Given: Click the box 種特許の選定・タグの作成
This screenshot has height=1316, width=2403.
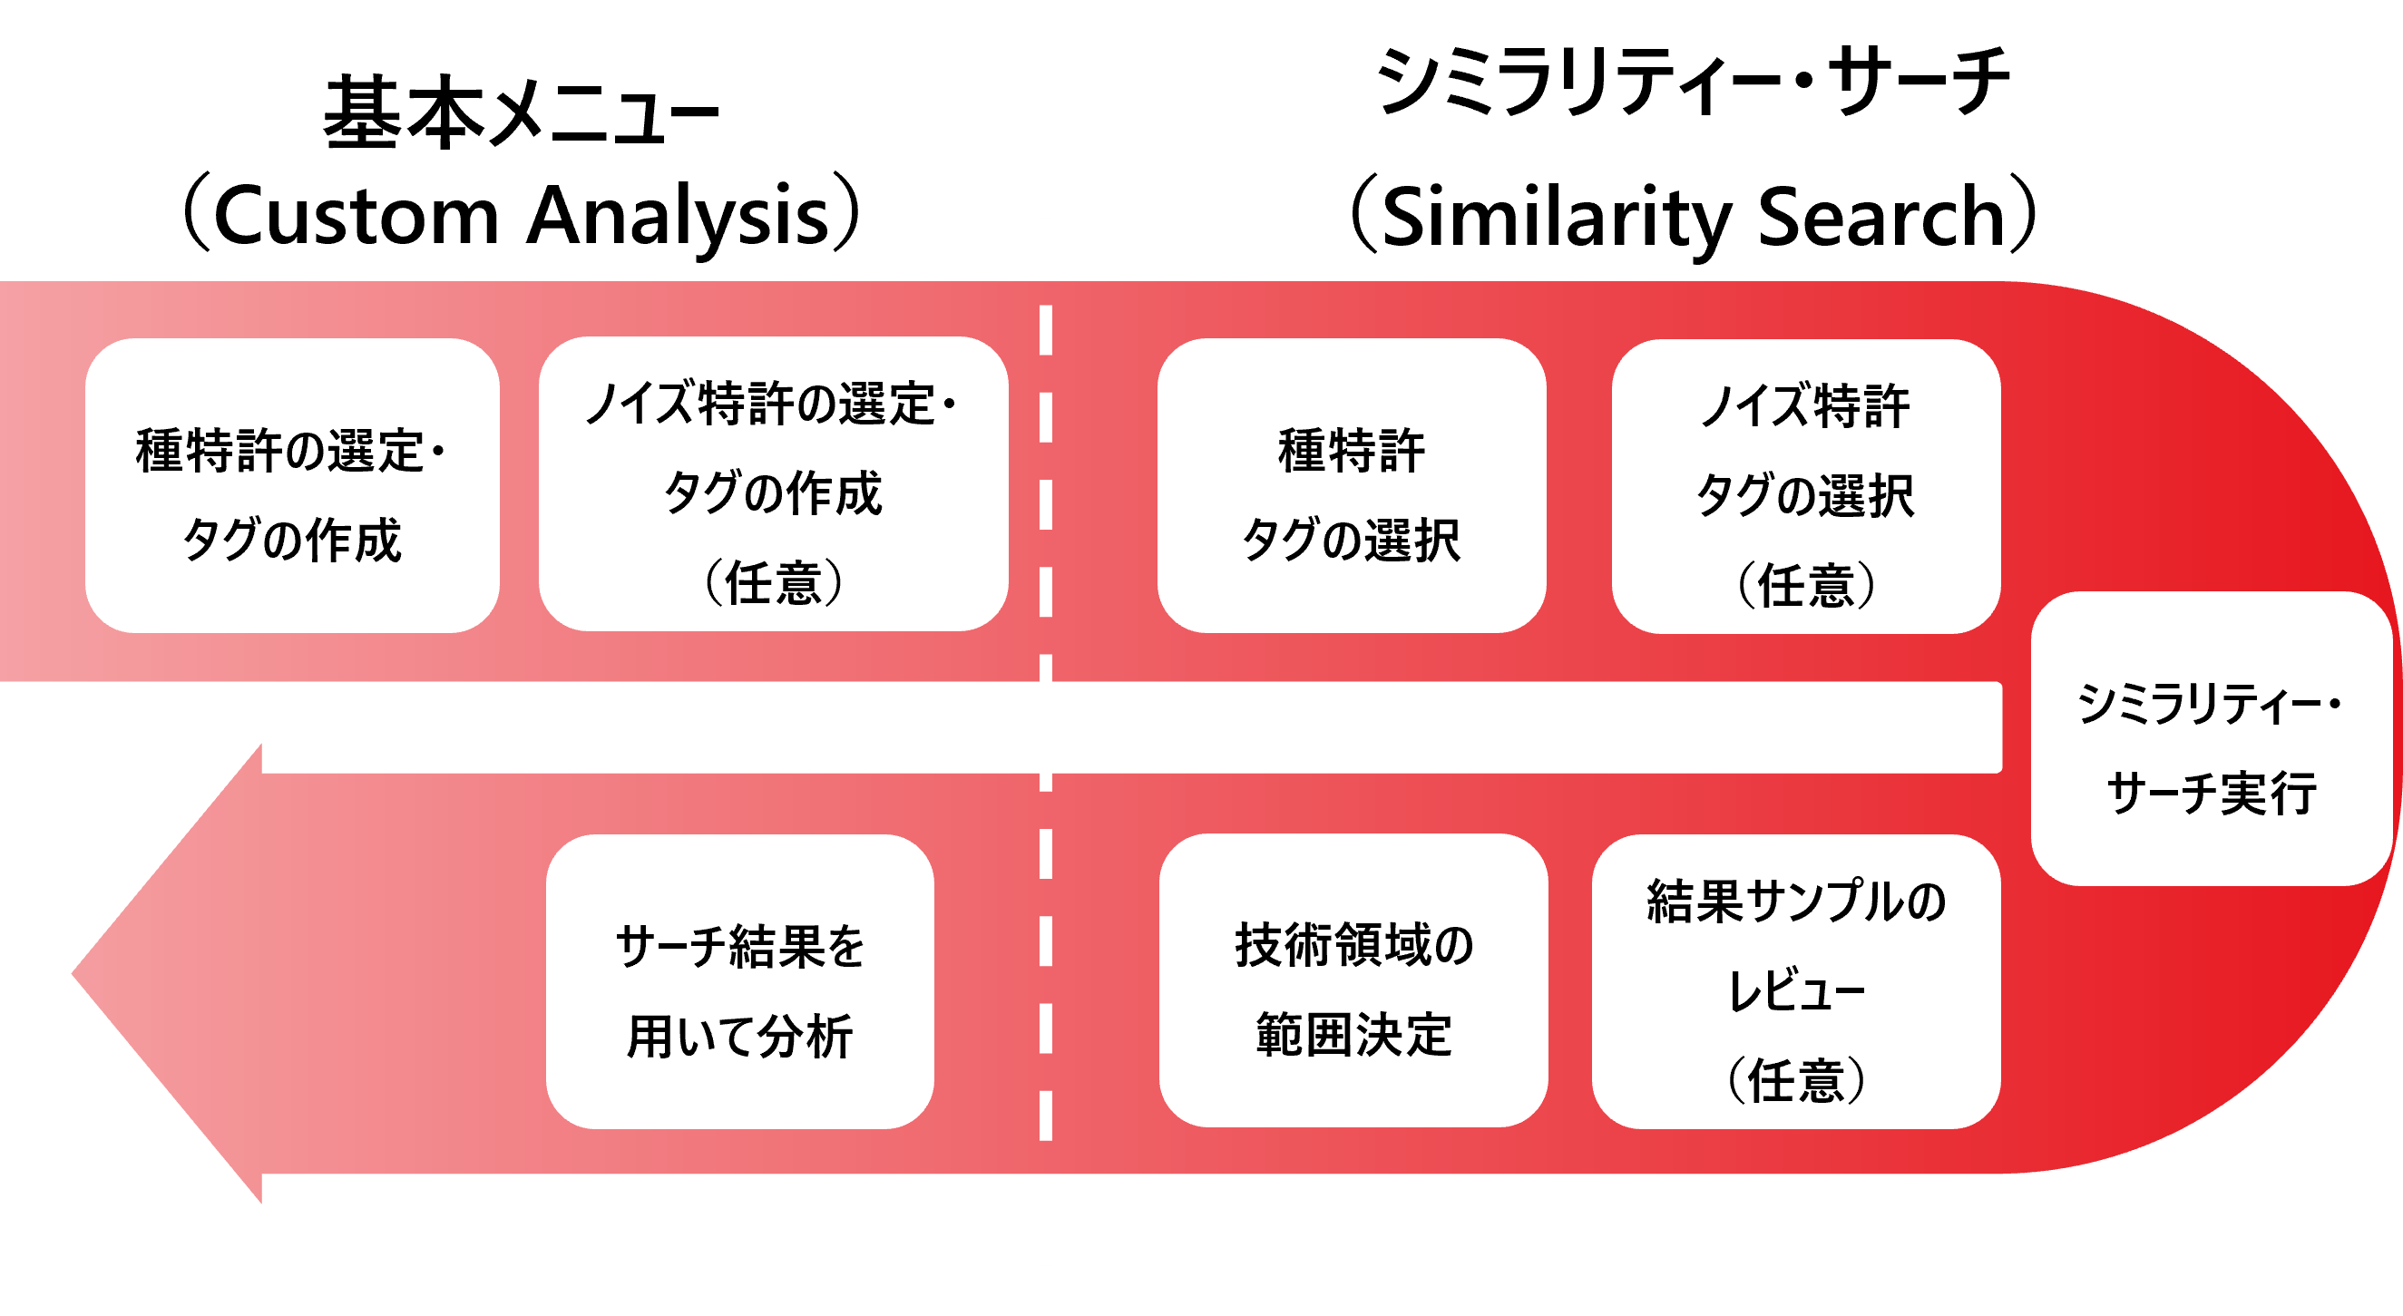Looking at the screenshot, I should click(x=292, y=486).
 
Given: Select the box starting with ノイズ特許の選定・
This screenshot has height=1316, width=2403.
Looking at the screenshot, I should click(x=773, y=484).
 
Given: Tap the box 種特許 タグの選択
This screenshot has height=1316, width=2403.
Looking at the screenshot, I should click(x=1352, y=486).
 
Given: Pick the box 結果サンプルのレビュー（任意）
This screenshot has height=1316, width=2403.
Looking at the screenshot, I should click(x=1796, y=981).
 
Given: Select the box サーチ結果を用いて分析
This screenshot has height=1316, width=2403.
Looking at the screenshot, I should click(x=739, y=982).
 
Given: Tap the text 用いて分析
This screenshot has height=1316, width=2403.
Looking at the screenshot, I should click(x=739, y=1036).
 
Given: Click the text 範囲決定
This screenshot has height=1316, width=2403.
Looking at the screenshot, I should click(x=1353, y=1034).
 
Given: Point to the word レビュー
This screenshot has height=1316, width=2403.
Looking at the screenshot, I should click(x=1796, y=990).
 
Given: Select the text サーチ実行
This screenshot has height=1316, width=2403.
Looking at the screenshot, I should click(x=2211, y=794).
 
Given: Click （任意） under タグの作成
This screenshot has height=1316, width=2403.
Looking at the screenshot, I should click(x=773, y=584).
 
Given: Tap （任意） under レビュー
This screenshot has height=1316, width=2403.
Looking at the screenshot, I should click(x=1796, y=1081).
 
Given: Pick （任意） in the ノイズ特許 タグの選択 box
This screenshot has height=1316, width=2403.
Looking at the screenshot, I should click(x=1806, y=586).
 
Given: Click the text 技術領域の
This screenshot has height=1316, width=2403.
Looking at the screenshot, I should click(x=1353, y=945).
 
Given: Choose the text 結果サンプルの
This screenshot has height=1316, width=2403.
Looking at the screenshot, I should click(x=1796, y=902).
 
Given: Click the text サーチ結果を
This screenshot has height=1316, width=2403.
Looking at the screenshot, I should click(x=739, y=947).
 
